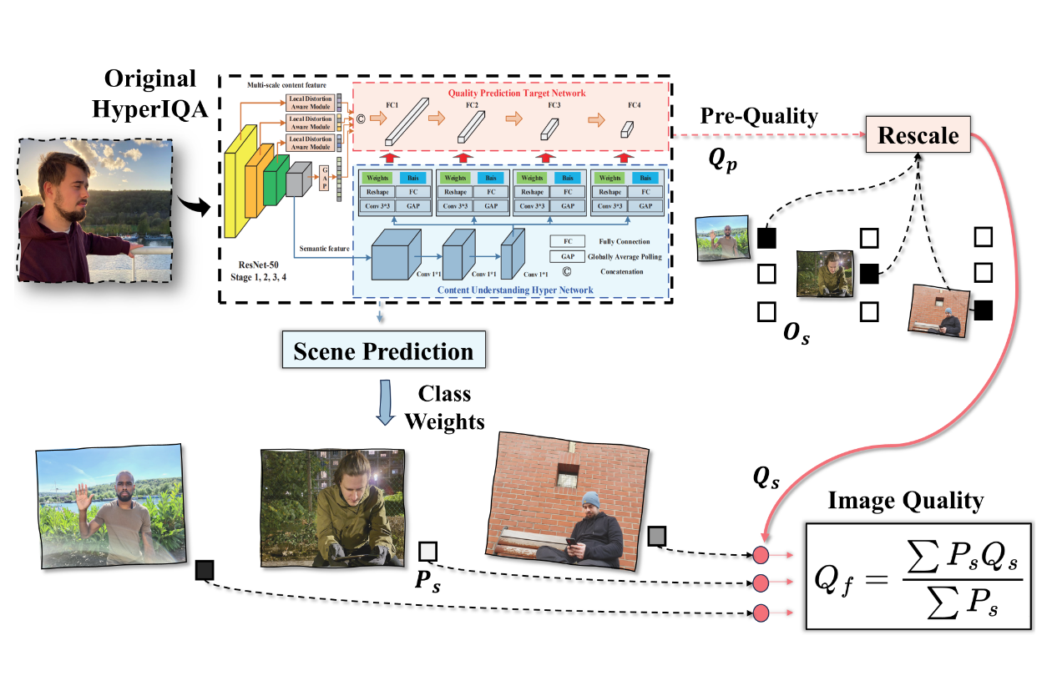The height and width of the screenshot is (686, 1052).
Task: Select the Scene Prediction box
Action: [x=382, y=351]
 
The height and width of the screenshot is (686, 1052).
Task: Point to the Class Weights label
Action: [x=444, y=408]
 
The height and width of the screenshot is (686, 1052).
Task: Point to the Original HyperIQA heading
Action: [x=150, y=93]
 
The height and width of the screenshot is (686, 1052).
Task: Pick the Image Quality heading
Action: [x=906, y=501]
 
